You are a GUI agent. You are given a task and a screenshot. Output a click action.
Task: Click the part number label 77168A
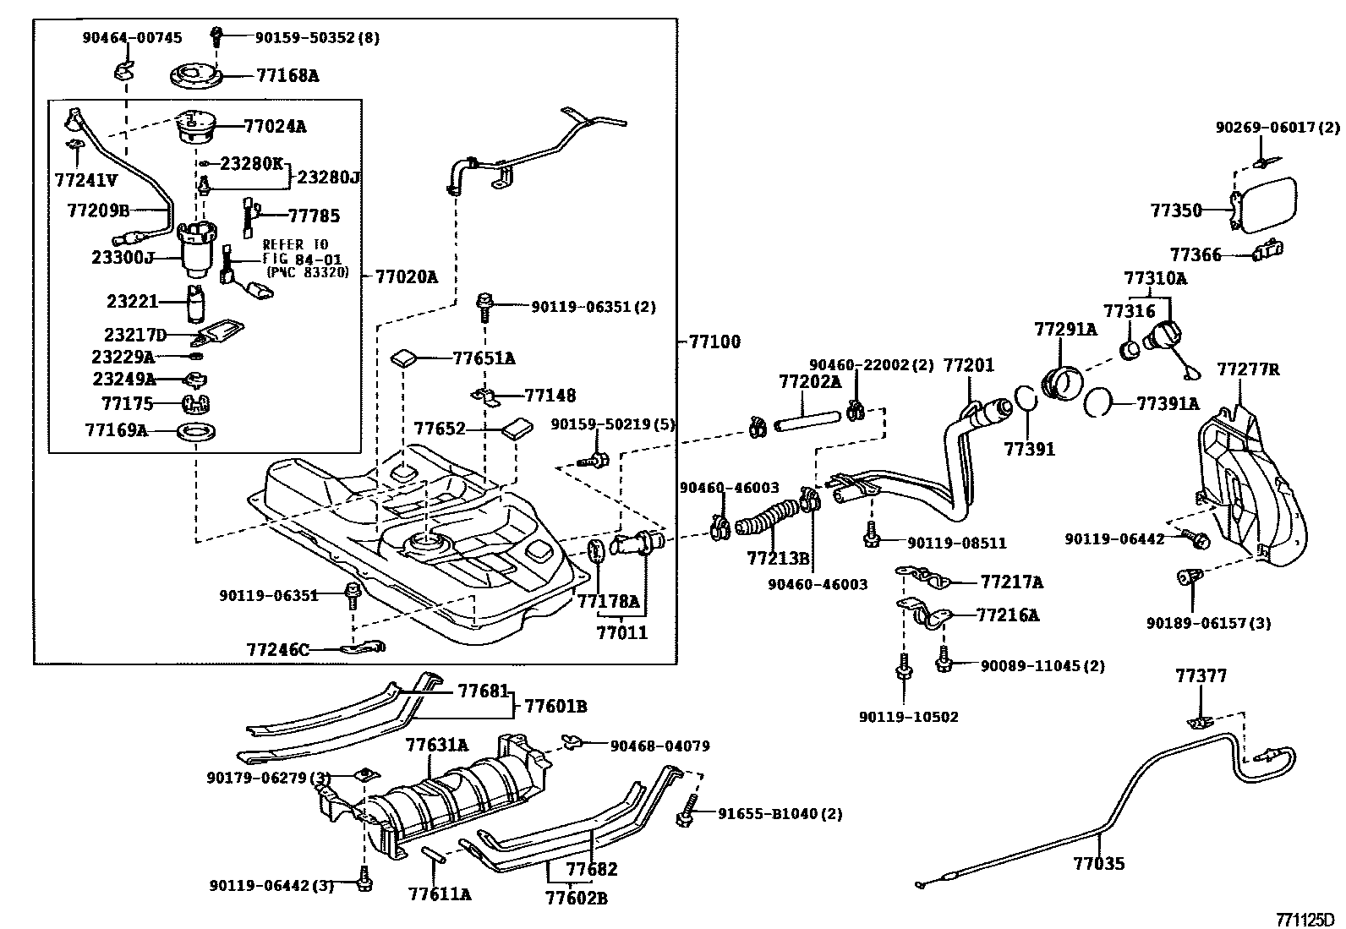pos(287,76)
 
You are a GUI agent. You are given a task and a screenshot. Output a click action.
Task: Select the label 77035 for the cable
pos(1099,863)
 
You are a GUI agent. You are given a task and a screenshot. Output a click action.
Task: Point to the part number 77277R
pos(1248,369)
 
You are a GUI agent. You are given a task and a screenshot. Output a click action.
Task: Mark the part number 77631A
pos(436,745)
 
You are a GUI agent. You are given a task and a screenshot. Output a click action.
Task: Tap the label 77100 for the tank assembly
pos(714,342)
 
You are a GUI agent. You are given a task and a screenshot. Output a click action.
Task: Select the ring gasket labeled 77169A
pos(198,432)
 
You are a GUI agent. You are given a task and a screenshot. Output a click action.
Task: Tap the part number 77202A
pos(809,382)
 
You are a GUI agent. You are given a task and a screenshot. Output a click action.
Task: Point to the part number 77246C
pos(278,650)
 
